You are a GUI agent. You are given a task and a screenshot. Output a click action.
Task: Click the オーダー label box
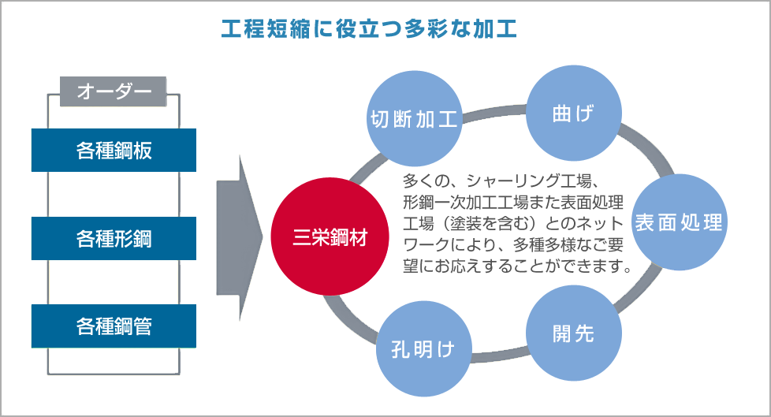click(x=113, y=91)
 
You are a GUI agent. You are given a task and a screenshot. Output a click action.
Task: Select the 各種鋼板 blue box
click(x=114, y=150)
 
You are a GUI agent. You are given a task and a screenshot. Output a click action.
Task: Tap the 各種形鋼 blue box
click(x=114, y=238)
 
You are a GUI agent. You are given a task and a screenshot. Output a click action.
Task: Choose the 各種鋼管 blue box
click(x=114, y=326)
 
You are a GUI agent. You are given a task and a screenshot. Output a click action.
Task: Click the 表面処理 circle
click(x=679, y=222)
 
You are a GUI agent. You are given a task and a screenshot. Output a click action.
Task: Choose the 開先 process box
click(x=572, y=333)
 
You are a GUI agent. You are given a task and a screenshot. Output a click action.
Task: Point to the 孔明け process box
click(x=423, y=348)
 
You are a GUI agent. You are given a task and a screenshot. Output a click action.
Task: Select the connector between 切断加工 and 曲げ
click(x=494, y=112)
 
